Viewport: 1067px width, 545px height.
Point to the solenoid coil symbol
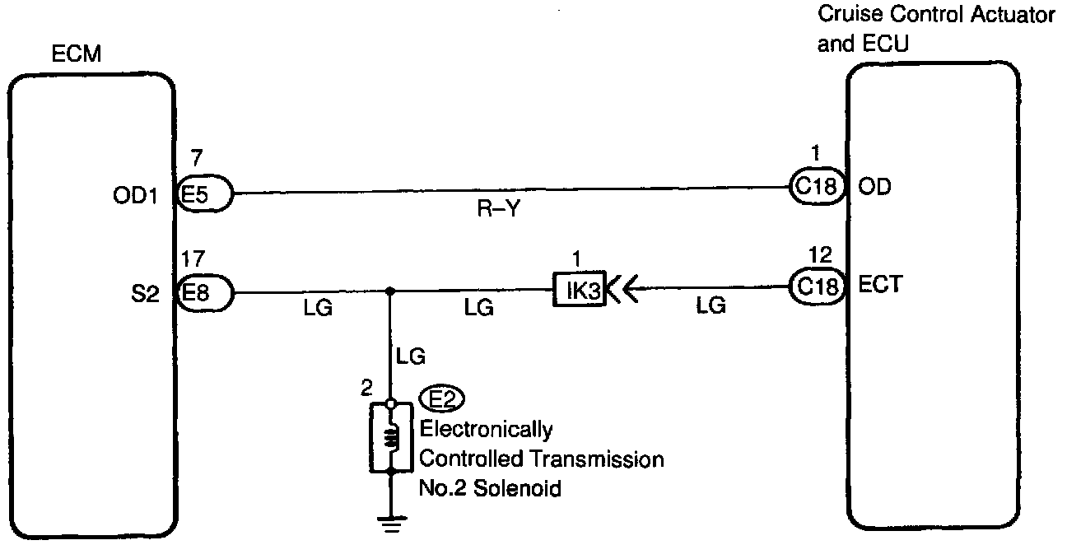389,438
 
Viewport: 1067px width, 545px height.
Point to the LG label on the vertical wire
411,356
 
